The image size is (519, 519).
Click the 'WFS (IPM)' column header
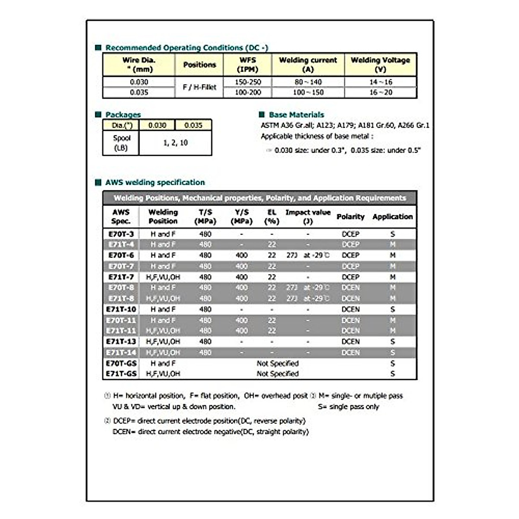[248, 64]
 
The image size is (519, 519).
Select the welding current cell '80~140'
[308, 82]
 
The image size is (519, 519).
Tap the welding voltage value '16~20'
[381, 92]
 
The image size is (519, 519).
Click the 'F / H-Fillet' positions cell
[199, 87]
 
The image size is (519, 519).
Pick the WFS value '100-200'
[248, 92]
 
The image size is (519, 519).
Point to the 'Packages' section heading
[123, 115]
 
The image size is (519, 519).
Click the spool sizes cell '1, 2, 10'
[175, 143]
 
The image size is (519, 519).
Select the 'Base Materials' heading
[296, 115]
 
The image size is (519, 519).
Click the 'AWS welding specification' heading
[155, 183]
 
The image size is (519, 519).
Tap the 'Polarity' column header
[350, 217]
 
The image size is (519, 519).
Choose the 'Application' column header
[392, 217]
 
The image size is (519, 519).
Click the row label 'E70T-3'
[121, 234]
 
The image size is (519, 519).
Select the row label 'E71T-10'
[121, 309]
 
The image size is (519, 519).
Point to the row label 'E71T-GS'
[121, 374]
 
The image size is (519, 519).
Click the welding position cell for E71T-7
[163, 277]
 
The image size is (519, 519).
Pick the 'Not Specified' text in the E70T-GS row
[278, 363]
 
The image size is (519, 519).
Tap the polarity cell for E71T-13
[350, 342]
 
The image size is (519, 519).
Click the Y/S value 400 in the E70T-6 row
[241, 255]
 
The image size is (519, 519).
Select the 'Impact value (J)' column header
[308, 217]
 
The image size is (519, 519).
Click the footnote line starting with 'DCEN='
[211, 432]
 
